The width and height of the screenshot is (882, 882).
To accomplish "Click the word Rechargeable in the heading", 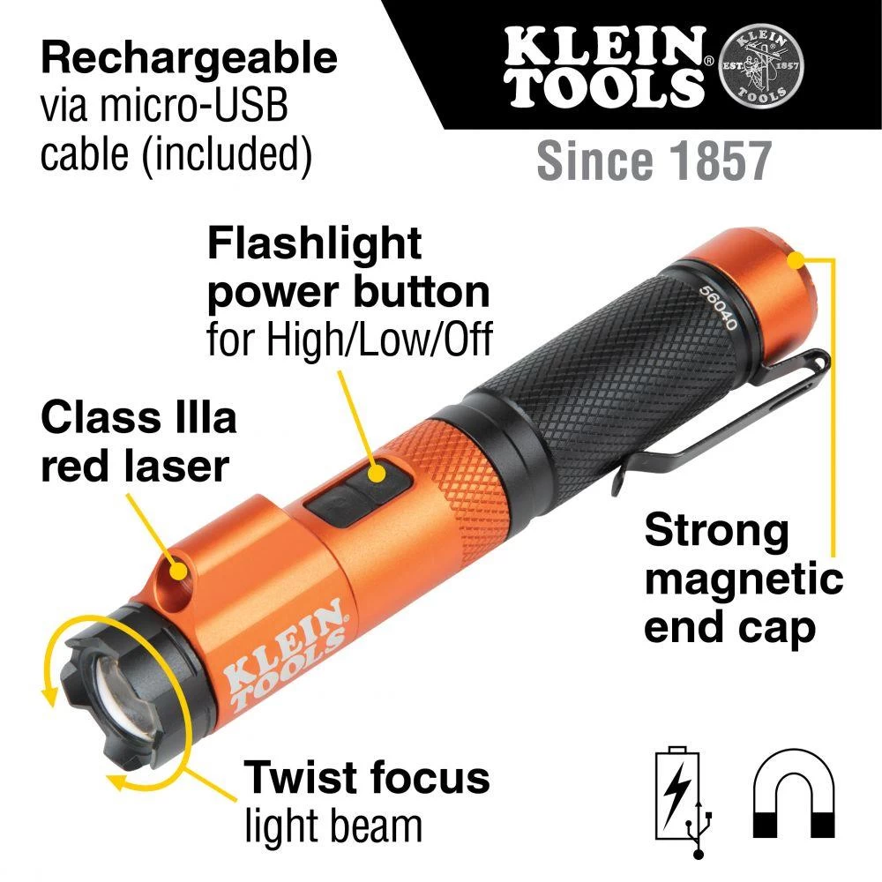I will pyautogui.click(x=190, y=58).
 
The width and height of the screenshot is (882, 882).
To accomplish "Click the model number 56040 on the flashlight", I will pyautogui.click(x=717, y=306).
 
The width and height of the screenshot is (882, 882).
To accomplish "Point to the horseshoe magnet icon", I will pyautogui.click(x=795, y=789).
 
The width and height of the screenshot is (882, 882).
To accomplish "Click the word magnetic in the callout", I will pyautogui.click(x=743, y=580).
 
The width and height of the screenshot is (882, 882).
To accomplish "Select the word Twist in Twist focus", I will pyautogui.click(x=298, y=777).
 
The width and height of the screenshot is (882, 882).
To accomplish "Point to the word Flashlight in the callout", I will pyautogui.click(x=315, y=243).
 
